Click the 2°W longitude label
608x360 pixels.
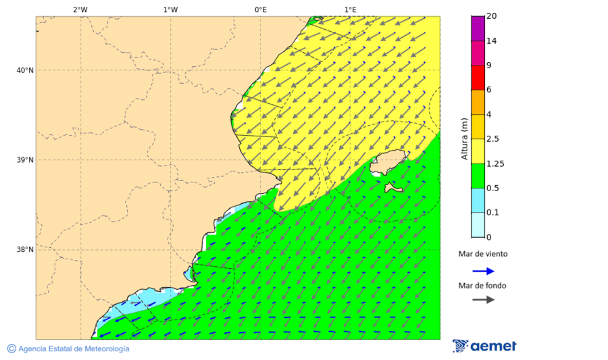(80, 9)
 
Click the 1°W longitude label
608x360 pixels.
(170, 9)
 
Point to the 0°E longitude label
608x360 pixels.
(260, 9)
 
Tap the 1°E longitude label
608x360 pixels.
(351, 9)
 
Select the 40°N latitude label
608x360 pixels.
(25, 70)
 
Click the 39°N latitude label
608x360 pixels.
(25, 160)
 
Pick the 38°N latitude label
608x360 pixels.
(25, 250)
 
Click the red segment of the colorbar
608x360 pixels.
(478, 78)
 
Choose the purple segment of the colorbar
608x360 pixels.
(478, 28)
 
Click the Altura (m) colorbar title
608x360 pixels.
(464, 139)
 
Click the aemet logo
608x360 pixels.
(484, 346)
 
